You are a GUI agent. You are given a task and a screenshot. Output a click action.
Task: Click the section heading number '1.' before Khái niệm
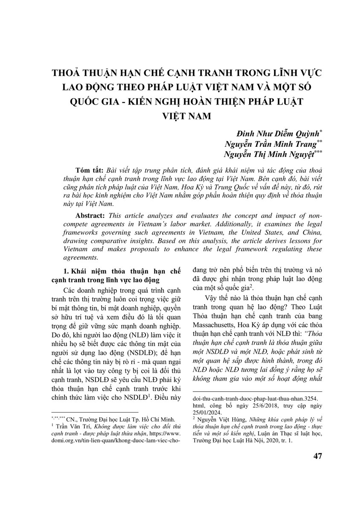66,271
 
